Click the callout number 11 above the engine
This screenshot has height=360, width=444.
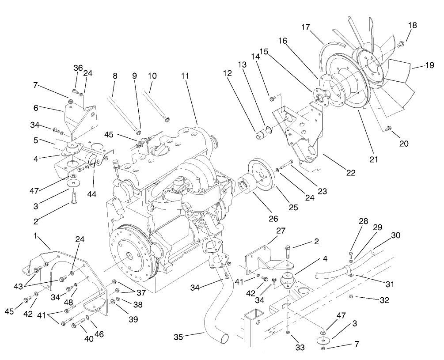point(185,76)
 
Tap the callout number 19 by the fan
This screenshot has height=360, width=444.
point(429,65)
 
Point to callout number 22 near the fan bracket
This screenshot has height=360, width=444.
point(350,173)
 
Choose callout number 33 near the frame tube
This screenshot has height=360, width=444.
point(300,348)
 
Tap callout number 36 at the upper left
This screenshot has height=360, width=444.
point(78,68)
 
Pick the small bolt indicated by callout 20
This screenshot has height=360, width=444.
point(389,129)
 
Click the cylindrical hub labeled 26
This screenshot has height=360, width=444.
point(244,186)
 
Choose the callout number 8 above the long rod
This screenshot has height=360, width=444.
point(115,76)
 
